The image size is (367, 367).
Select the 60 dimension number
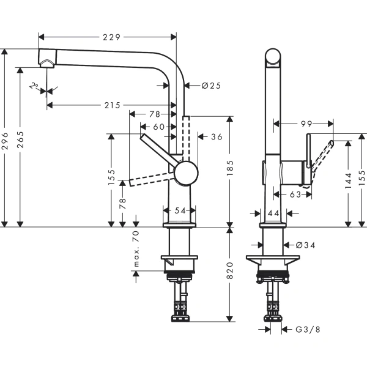pyautogui.click(x=159, y=127)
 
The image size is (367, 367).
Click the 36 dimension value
pyautogui.click(x=216, y=137)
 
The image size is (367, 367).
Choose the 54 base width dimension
pyautogui.click(x=180, y=210)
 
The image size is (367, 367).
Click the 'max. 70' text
pyautogui.click(x=136, y=249)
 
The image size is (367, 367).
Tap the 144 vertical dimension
pyautogui.click(x=348, y=180)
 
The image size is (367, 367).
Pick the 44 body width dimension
pyautogui.click(x=273, y=212)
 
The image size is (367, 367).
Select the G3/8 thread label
pyautogui.click(x=306, y=330)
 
